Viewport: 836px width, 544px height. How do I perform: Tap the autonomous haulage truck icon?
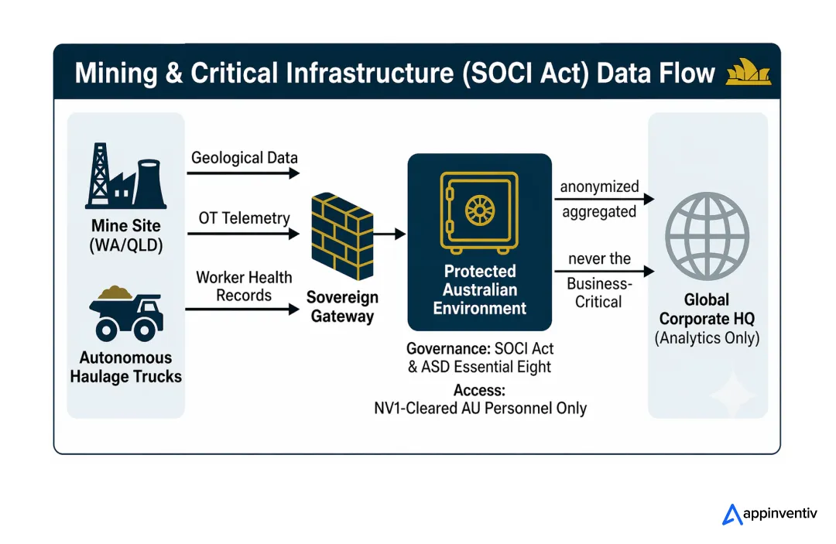(x=125, y=313)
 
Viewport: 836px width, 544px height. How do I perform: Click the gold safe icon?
(x=479, y=211)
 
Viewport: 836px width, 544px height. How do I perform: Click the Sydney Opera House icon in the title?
(x=748, y=73)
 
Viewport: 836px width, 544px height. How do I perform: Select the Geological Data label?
(x=244, y=158)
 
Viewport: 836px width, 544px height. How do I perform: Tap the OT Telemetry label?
(x=244, y=218)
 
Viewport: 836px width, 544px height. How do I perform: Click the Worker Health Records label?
(x=244, y=286)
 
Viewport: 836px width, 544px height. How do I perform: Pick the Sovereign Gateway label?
(x=341, y=306)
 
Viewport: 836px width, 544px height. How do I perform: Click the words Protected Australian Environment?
(x=479, y=289)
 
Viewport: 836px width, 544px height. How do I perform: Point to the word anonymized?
(x=599, y=186)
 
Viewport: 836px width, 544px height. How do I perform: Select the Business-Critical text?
(x=598, y=293)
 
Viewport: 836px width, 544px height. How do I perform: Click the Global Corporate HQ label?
(x=707, y=309)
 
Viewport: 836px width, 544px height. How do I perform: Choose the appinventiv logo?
(x=769, y=514)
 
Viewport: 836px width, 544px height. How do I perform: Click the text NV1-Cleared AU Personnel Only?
(x=480, y=408)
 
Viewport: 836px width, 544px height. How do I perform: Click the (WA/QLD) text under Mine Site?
(x=125, y=246)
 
